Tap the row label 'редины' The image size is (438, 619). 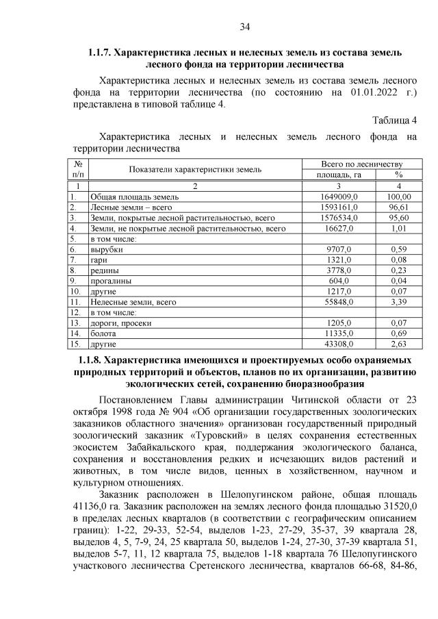click(x=106, y=270)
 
